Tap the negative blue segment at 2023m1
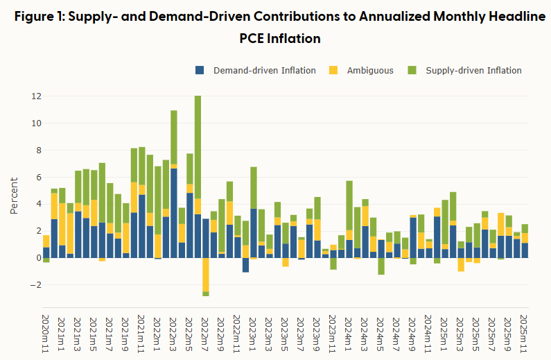click(x=245, y=265)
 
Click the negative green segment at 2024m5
click(x=381, y=266)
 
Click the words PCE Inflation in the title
click(x=275, y=40)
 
